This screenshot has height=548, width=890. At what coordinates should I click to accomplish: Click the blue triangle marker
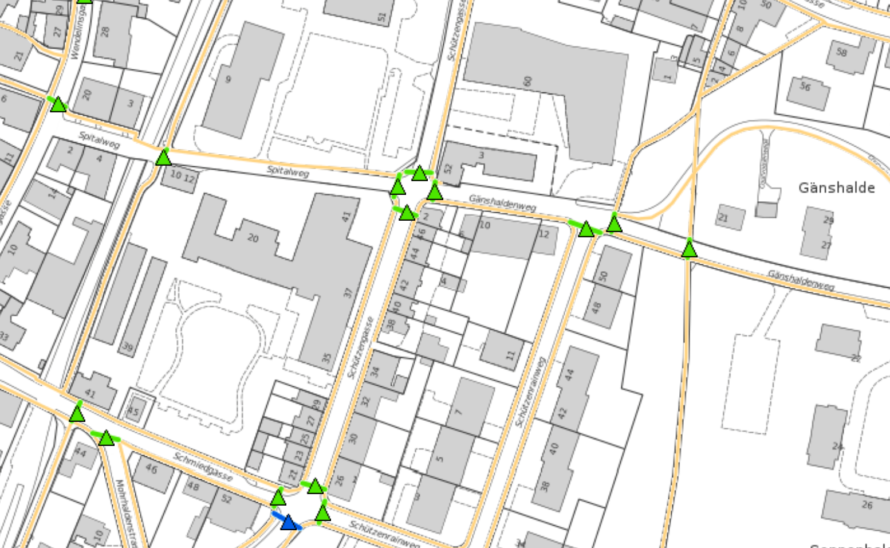coord(289,523)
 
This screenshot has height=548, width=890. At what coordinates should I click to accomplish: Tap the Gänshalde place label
coord(836,188)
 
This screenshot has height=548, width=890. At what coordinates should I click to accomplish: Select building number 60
coord(527,81)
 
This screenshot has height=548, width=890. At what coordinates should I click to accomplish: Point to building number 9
coord(228,79)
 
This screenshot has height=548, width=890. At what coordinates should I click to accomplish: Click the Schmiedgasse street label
coord(203,465)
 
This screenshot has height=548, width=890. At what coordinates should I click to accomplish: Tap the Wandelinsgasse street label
coord(78,34)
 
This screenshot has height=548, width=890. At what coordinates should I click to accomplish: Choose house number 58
coord(841,52)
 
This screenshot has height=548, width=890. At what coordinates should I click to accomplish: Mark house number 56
coord(805,87)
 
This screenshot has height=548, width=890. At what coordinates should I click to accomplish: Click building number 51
coord(382,17)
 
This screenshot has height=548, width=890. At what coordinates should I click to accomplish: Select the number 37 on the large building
coord(348,292)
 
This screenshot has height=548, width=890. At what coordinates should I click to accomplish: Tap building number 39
coord(128,347)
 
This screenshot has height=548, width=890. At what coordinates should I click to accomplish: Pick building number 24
coord(837,447)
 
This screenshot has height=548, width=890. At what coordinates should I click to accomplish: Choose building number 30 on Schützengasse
coord(352,439)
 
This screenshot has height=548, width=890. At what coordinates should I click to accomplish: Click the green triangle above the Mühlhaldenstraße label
coord(107,439)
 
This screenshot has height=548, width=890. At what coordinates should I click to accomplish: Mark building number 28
coord(104,32)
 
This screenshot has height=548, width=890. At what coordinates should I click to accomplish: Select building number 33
coord(5,336)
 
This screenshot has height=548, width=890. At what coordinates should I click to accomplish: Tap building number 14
coord(53,194)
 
